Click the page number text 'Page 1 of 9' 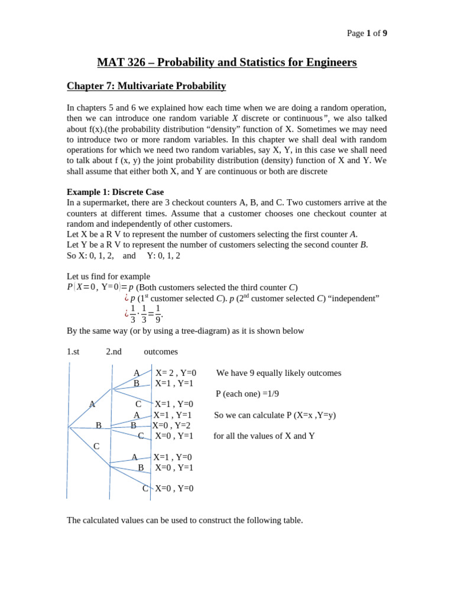point(367,33)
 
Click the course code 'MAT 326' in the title point(121,62)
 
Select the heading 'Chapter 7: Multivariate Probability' point(146,86)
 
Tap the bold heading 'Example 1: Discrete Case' point(115,192)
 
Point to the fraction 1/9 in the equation point(158,314)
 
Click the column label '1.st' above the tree point(73,352)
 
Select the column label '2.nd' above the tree point(113,352)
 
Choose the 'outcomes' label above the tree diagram point(161,352)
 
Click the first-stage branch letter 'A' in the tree point(92,404)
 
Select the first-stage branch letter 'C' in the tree point(96,446)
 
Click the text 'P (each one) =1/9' point(247,394)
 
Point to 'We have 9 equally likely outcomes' point(278,373)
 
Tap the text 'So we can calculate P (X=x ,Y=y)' point(274,415)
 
